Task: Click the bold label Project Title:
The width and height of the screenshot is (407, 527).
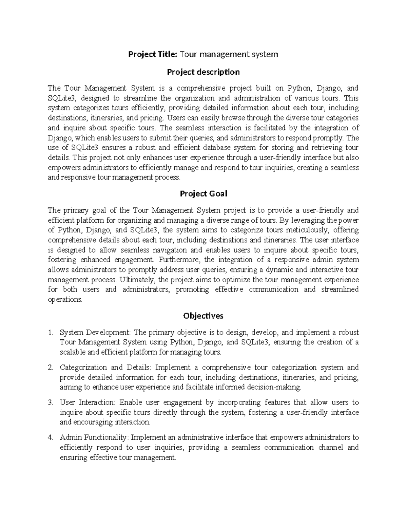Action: click(152, 54)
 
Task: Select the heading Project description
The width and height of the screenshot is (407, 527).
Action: click(203, 72)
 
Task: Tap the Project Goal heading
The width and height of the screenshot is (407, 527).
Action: click(203, 194)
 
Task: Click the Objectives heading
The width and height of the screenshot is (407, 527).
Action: click(203, 316)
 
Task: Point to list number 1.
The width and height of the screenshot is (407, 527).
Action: click(51, 333)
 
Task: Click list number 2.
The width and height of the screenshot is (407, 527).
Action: click(51, 368)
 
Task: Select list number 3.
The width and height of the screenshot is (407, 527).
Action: click(51, 403)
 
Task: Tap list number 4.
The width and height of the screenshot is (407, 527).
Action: click(51, 438)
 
